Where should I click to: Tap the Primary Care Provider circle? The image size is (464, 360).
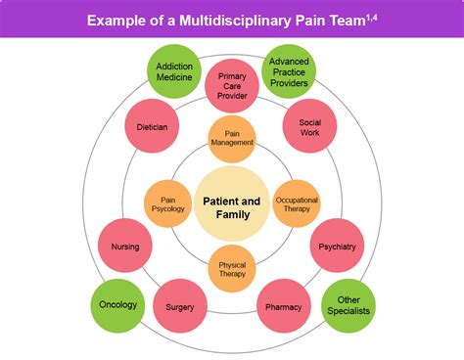tap(233, 86)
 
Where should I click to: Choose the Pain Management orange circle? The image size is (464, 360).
tap(233, 137)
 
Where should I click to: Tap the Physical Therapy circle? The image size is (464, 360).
tap(232, 267)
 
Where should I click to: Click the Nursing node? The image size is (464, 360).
tap(125, 247)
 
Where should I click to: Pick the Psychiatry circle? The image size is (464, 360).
tap(337, 247)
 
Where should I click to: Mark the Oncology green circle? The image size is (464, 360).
tap(118, 305)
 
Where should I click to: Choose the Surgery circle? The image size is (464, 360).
tap(180, 306)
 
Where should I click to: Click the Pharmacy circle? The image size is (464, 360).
tap(284, 306)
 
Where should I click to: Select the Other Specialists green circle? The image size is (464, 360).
tap(348, 305)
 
